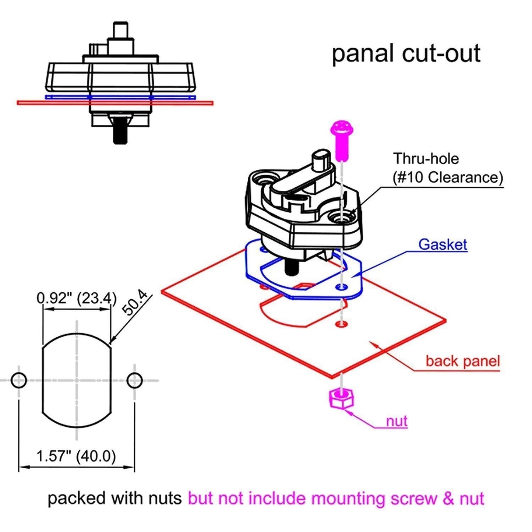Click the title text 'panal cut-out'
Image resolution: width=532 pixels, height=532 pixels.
click(406, 54)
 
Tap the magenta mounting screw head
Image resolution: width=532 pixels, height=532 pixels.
click(342, 129)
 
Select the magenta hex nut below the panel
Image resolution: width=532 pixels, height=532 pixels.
click(341, 398)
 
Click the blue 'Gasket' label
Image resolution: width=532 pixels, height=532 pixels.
click(443, 244)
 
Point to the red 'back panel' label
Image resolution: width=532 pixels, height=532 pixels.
click(462, 361)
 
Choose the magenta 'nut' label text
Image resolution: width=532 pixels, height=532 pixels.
click(397, 421)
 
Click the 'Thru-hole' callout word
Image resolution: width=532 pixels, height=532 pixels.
click(426, 159)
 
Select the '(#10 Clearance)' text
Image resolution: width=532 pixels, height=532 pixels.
click(448, 177)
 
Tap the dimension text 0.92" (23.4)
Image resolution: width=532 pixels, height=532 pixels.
click(77, 298)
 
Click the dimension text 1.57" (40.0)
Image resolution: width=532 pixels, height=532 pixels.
click(76, 456)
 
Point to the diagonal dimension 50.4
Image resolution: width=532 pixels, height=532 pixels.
click(135, 303)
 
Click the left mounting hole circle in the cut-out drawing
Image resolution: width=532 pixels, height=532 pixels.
click(19, 380)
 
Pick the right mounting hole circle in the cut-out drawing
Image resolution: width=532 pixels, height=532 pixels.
click(134, 380)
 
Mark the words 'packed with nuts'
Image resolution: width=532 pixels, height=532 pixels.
click(114, 498)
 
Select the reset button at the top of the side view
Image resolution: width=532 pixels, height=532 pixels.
click(120, 29)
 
